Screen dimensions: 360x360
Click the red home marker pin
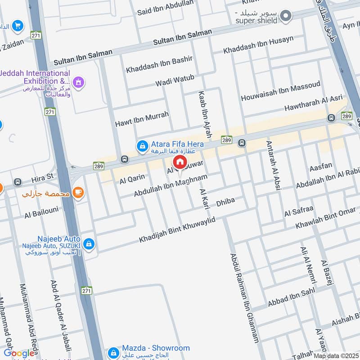180,162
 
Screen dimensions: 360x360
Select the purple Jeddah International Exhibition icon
79,82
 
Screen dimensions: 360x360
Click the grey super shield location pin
285,17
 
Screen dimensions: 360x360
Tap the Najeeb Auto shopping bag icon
89,243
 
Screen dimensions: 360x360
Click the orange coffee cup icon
79,193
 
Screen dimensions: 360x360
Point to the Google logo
19,354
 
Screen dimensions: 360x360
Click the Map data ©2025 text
336,356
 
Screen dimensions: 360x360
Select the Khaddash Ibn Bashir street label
159,64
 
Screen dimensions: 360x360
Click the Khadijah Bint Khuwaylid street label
178,229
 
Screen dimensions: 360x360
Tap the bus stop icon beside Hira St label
18,182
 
